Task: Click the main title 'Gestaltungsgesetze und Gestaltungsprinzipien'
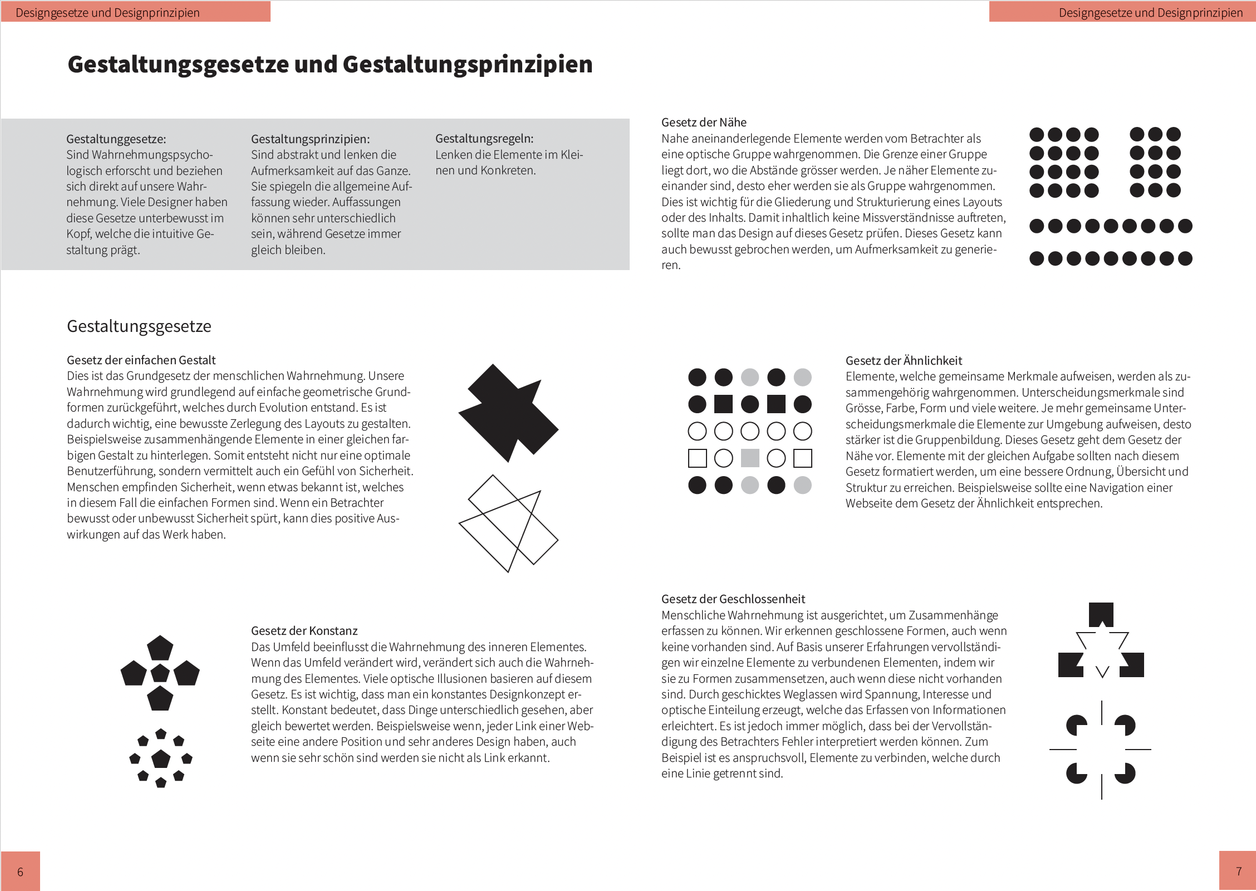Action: pyautogui.click(x=330, y=65)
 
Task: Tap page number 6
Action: pyautogui.click(x=20, y=872)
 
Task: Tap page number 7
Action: pyautogui.click(x=1238, y=871)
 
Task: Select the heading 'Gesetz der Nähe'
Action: pyautogui.click(x=704, y=123)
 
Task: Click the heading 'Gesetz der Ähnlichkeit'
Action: pyautogui.click(x=904, y=361)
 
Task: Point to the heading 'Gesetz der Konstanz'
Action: pyautogui.click(x=304, y=631)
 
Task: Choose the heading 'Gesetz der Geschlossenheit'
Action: pyautogui.click(x=733, y=599)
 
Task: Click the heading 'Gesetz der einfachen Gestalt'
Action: pyautogui.click(x=141, y=360)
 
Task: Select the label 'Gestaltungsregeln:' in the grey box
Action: pyautogui.click(x=484, y=139)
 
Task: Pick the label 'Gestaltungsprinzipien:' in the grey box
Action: pyautogui.click(x=310, y=139)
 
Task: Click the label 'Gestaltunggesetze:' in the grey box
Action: pyautogui.click(x=116, y=139)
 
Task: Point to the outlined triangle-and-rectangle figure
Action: pyautogui.click(x=508, y=523)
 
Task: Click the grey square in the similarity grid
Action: pyautogui.click(x=750, y=458)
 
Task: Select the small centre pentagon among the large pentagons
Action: pyautogui.click(x=160, y=673)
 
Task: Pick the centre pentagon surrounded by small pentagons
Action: pyautogui.click(x=161, y=758)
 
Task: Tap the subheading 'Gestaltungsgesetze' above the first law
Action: pyautogui.click(x=139, y=326)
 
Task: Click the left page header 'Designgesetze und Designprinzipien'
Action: pyautogui.click(x=107, y=13)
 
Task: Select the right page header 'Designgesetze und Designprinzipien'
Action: pyautogui.click(x=1150, y=13)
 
